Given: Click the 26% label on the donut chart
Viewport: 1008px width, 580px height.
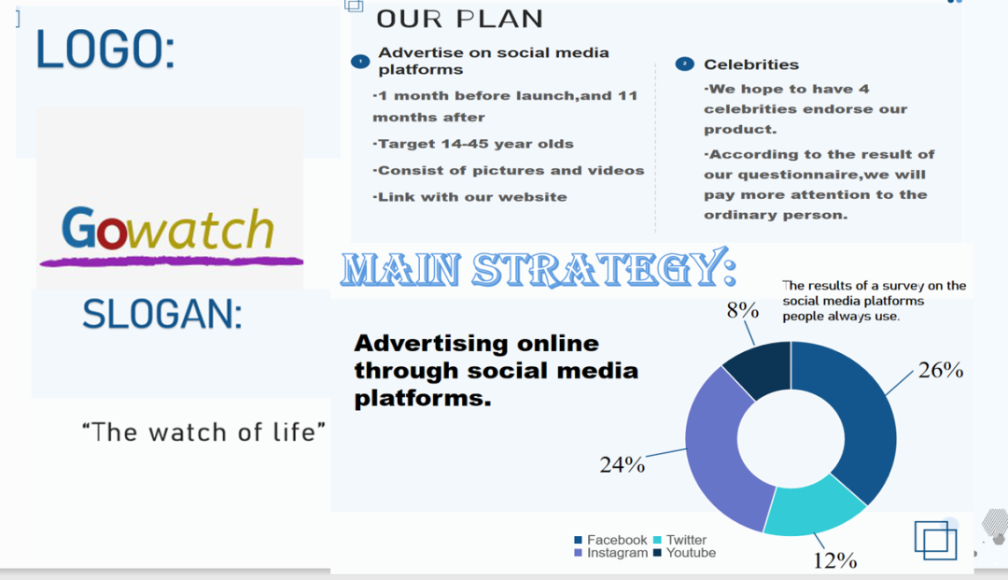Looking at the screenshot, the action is (x=941, y=370).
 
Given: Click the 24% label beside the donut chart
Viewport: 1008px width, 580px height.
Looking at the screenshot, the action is (x=623, y=464).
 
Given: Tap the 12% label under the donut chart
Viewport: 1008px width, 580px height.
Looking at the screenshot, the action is (x=835, y=560).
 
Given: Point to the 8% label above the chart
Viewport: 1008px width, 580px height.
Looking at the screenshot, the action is (x=743, y=310).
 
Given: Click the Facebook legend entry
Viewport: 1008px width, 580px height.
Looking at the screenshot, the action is (x=610, y=540).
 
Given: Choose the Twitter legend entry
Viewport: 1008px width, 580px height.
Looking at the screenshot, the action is (x=680, y=540).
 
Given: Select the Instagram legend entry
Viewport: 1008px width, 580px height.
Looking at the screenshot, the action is (x=611, y=552).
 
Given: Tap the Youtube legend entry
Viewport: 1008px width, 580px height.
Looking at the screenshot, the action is (x=685, y=552).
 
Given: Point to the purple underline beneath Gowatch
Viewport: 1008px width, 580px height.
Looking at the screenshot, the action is (x=172, y=262).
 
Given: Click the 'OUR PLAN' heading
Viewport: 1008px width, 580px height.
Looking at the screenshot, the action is (x=459, y=19).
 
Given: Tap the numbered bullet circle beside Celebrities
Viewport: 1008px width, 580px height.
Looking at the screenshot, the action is (x=685, y=64).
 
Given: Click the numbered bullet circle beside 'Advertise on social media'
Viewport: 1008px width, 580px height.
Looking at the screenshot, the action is (x=360, y=62).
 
